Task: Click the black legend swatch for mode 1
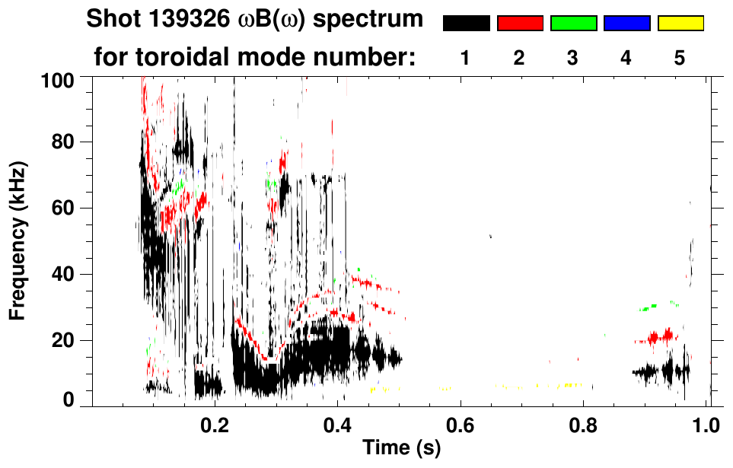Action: pyautogui.click(x=466, y=24)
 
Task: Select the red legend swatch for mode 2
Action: pyautogui.click(x=520, y=24)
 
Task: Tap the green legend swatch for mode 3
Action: pyautogui.click(x=573, y=24)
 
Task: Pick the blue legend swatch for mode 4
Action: pyautogui.click(x=626, y=24)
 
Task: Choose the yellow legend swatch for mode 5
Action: pyautogui.click(x=680, y=24)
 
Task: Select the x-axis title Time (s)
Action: pyautogui.click(x=401, y=448)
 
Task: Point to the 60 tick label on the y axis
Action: pyautogui.click(x=65, y=208)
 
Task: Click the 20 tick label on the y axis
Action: pyautogui.click(x=65, y=340)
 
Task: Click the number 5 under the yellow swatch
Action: pyautogui.click(x=680, y=58)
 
